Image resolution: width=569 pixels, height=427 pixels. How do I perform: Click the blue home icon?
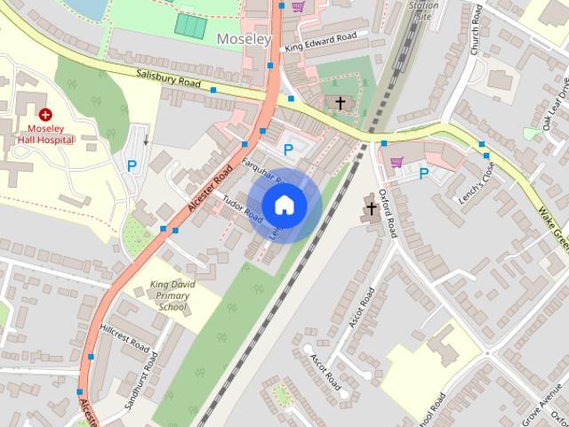tap(284, 205)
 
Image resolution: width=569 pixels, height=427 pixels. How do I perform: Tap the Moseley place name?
tap(244, 38)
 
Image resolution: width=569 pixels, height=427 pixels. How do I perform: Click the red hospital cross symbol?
tap(45, 115)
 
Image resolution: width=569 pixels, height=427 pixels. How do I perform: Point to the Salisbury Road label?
tap(167, 80)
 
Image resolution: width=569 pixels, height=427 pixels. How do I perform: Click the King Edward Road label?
tap(321, 42)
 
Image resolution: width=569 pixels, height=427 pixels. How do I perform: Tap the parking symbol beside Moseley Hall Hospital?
tap(132, 165)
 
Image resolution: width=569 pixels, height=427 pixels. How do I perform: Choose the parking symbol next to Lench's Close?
tap(424, 173)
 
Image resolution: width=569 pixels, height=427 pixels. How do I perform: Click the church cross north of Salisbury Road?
tap(340, 104)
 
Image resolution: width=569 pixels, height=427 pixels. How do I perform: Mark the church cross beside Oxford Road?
tap(372, 209)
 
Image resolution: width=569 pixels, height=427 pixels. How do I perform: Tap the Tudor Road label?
tap(243, 208)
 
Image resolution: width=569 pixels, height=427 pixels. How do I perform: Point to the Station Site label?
tap(423, 11)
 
